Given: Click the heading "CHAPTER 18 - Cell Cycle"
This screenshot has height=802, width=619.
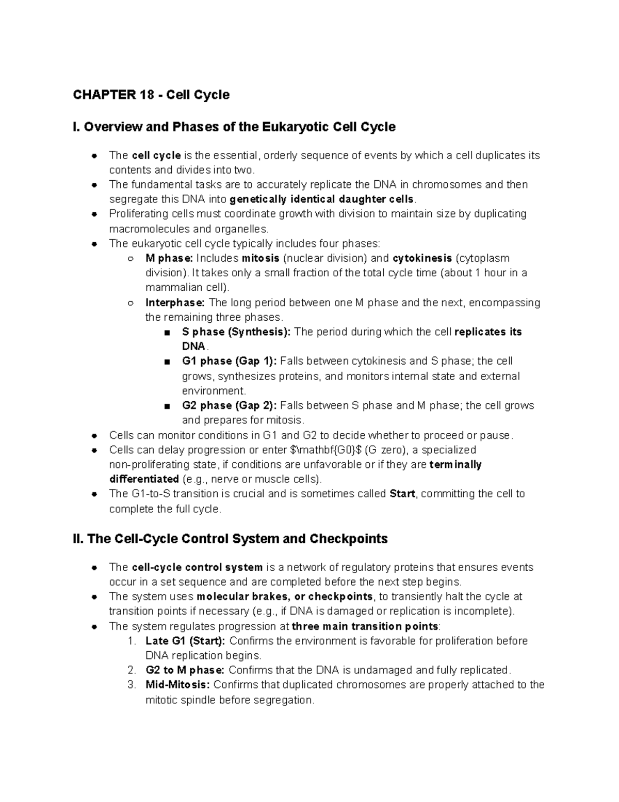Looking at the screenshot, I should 151,95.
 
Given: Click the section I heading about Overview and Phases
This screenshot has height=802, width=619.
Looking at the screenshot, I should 234,127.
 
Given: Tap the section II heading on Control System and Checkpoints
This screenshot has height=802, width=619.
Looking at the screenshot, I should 231,539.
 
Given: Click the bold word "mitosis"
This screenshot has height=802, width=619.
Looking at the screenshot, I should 260,258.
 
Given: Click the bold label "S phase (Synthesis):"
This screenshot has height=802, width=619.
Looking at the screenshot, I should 236,332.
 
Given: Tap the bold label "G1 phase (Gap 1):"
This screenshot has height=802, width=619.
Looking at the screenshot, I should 230,361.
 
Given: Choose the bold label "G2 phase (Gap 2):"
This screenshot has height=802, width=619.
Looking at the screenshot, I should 230,406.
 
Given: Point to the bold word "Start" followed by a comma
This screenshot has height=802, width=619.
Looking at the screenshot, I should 402,494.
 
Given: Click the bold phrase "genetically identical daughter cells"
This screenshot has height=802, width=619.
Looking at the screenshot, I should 321,199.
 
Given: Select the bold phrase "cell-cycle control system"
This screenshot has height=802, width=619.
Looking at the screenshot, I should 197,568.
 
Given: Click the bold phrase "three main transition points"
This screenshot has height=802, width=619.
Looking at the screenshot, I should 365,626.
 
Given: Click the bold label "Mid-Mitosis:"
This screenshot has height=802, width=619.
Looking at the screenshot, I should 177,685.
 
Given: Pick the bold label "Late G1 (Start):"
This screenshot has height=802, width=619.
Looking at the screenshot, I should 185,641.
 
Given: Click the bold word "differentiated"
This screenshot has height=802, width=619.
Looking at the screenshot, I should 144,479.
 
